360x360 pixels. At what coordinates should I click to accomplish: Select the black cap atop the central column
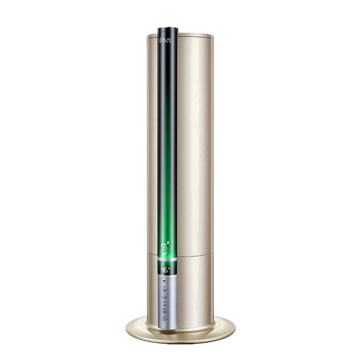click(x=168, y=30)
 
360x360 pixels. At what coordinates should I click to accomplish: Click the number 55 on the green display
click(x=164, y=247)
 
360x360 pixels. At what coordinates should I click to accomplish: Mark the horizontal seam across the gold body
click(x=193, y=253)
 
